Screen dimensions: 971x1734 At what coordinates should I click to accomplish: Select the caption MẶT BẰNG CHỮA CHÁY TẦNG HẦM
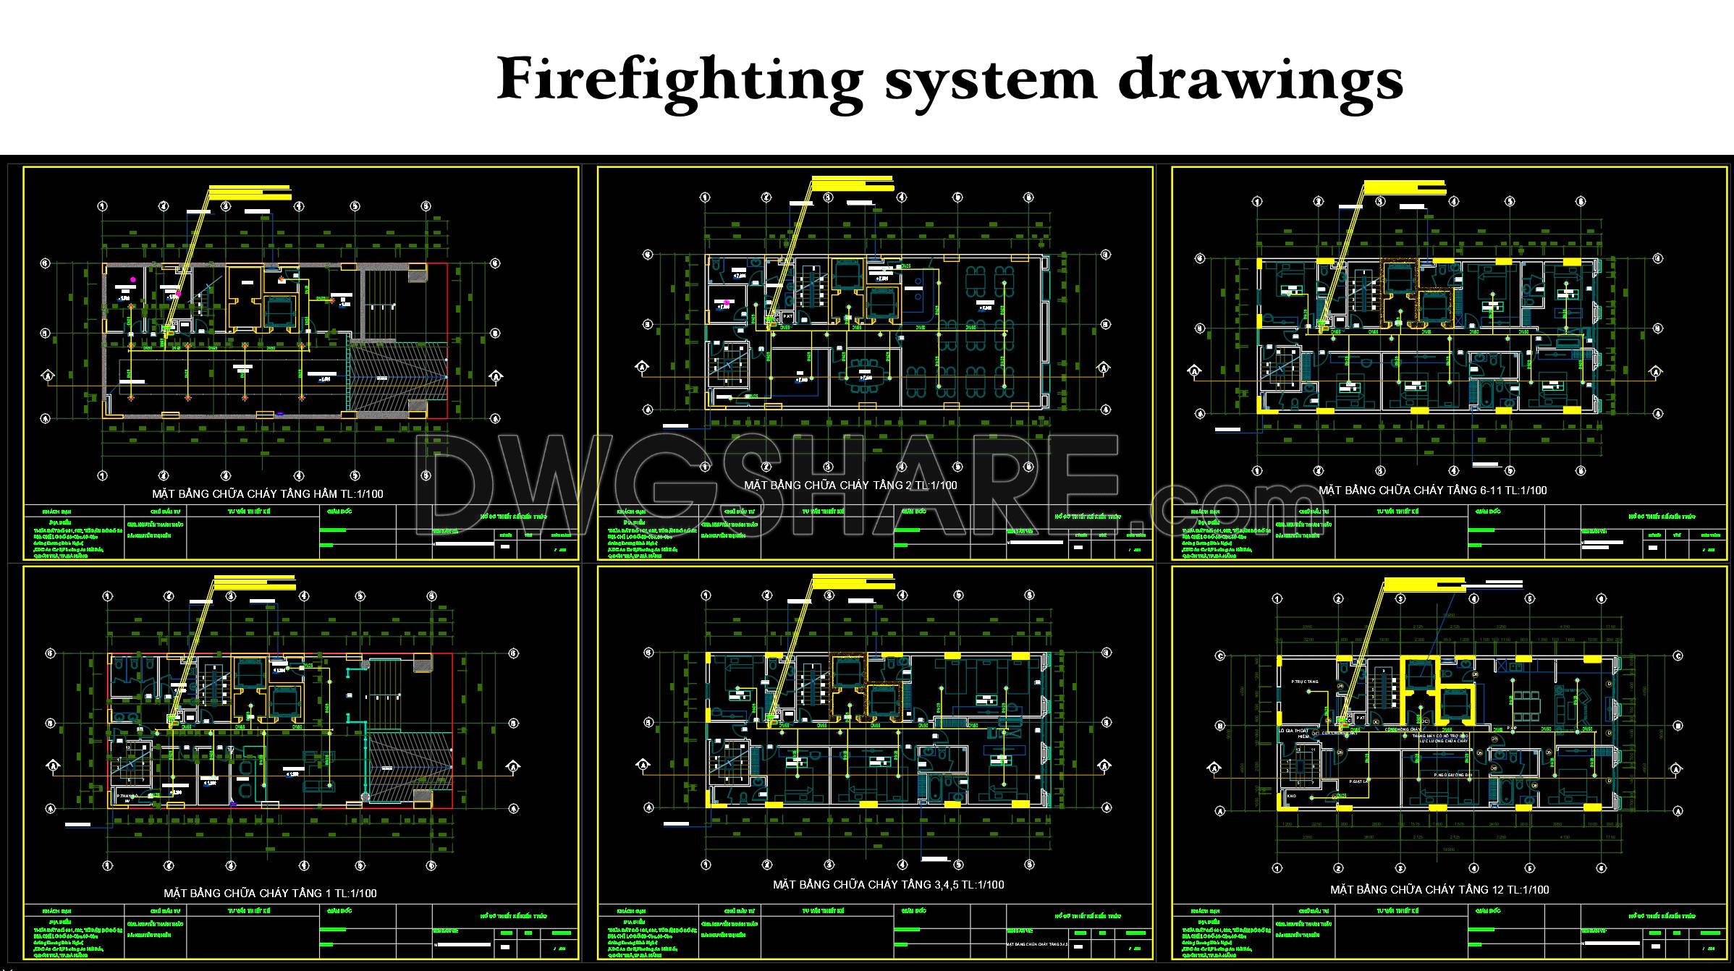(267, 494)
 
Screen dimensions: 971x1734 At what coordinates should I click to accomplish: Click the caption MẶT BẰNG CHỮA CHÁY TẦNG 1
(270, 893)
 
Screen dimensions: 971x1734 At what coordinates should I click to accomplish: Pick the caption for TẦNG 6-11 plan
(1432, 491)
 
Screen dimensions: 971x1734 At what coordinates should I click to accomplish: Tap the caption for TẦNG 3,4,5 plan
(888, 884)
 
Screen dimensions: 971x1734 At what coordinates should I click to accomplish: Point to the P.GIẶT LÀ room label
(1359, 781)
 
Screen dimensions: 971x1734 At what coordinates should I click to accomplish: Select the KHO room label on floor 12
(1291, 796)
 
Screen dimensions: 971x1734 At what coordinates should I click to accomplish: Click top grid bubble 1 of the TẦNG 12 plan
(1277, 599)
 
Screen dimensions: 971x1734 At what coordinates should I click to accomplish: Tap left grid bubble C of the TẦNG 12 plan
(1220, 656)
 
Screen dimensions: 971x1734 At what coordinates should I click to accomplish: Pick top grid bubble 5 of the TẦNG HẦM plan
(355, 206)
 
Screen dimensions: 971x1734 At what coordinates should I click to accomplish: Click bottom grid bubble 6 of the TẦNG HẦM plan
(426, 475)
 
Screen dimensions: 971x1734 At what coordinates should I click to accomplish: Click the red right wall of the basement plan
(447, 340)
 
